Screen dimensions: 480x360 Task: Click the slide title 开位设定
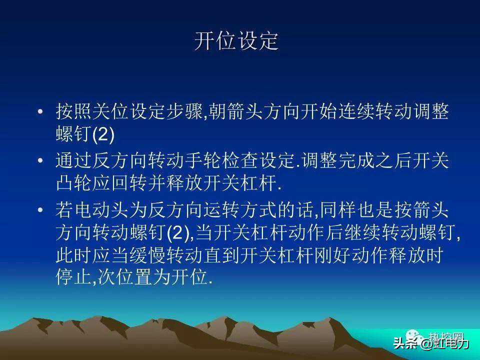(236, 41)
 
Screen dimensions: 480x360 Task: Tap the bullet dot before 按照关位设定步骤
(40, 111)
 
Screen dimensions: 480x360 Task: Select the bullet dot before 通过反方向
(40, 160)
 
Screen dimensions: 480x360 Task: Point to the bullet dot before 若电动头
(40, 209)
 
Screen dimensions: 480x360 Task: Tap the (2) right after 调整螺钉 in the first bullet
(103, 134)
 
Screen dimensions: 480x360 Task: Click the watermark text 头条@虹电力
(431, 343)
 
